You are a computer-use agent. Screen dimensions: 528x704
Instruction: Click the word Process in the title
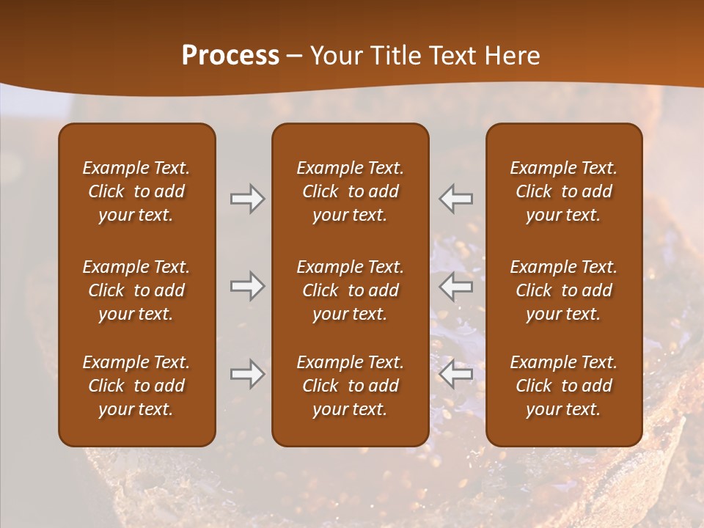[230, 56]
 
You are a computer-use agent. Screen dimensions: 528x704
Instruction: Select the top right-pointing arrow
[248, 199]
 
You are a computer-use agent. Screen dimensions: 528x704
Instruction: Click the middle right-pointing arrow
[248, 286]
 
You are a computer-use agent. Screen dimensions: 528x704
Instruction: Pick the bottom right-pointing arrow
[248, 374]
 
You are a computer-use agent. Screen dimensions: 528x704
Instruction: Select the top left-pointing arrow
[456, 199]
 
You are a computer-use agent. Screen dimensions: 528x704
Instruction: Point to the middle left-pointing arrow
[456, 286]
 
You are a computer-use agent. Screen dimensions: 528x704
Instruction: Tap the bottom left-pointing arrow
[456, 374]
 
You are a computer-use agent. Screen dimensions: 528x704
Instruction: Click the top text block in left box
[136, 191]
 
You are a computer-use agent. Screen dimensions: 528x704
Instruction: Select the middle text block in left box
[136, 290]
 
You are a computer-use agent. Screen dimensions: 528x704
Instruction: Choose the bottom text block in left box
[136, 386]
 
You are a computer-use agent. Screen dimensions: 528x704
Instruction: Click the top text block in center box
[350, 191]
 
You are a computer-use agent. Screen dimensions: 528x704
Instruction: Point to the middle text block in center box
[350, 290]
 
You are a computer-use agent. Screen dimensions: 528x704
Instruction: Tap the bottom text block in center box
[350, 386]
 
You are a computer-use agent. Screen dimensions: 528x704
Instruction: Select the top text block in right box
[563, 191]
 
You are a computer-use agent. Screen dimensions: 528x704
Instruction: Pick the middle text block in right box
[563, 290]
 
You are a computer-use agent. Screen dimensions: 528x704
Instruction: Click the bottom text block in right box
[563, 386]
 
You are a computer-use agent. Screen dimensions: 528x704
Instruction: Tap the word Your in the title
[332, 56]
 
